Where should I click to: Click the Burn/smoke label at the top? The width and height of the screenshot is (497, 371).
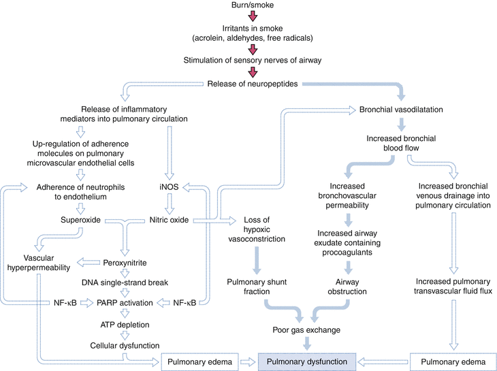pos(252,6)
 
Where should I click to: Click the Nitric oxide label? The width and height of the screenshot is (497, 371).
pos(170,221)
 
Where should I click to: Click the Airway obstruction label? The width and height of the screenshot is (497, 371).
pos(348,285)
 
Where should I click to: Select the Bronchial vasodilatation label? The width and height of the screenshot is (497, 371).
pos(402,109)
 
